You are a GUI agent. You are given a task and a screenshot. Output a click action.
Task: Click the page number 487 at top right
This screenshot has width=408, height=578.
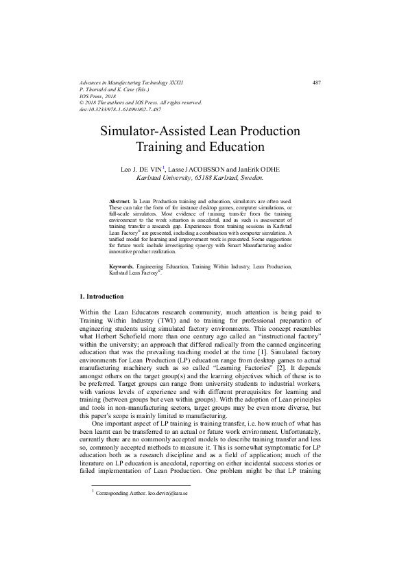(x=317, y=83)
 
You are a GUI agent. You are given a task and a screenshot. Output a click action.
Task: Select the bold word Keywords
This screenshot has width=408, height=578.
(x=122, y=284)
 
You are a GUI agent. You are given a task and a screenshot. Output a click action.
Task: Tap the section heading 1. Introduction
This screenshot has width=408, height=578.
(x=102, y=316)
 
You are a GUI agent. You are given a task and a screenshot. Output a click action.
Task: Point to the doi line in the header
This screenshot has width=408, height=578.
(x=120, y=109)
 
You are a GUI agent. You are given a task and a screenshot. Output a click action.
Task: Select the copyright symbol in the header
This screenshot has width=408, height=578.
(x=82, y=103)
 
